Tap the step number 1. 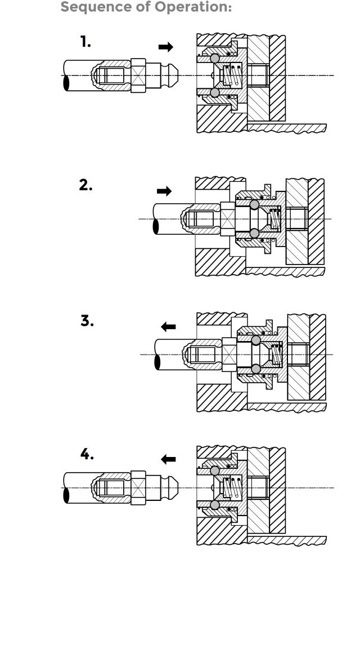[x=85, y=42]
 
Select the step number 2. [x=86, y=185]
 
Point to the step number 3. [x=87, y=321]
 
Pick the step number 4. [x=87, y=454]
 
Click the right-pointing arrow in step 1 [x=166, y=47]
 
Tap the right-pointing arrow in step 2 [x=164, y=191]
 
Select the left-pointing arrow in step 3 [x=168, y=326]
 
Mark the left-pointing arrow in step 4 [x=168, y=459]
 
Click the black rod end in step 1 [x=66, y=83]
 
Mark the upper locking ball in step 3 [x=256, y=340]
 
